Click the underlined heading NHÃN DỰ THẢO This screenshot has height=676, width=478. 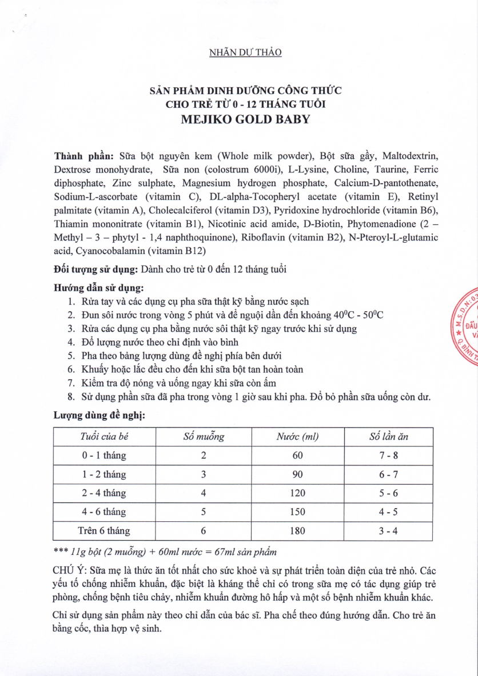pos(245,53)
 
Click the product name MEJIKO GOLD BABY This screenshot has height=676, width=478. pos(246,120)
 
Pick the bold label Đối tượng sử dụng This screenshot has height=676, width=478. pos(95,269)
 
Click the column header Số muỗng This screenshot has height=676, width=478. pos(204,437)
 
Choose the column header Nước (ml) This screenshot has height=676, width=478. pos(297,437)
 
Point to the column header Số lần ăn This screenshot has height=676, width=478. pos(389,437)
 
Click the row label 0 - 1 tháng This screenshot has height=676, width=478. pos(104,456)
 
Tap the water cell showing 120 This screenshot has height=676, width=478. pos(297,493)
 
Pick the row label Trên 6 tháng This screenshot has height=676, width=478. pos(104,530)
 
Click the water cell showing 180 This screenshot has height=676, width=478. pos(297,530)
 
